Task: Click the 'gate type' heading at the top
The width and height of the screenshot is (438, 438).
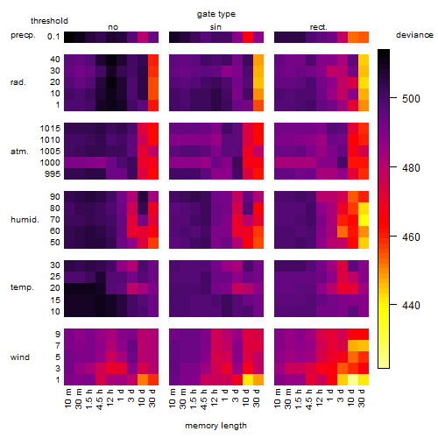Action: click(216, 14)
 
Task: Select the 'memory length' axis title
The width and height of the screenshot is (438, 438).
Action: click(215, 426)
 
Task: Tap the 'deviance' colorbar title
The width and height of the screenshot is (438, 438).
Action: click(414, 35)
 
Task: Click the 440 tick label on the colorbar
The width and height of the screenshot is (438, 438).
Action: click(411, 306)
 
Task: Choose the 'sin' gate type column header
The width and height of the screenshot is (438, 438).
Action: click(215, 27)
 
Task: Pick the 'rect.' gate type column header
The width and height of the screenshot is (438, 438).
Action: click(319, 27)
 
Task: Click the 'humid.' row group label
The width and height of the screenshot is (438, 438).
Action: click(25, 219)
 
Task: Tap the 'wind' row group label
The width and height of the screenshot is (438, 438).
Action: click(20, 357)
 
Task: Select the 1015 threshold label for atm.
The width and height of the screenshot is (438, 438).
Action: click(50, 129)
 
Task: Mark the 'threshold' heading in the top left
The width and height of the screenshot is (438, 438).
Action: click(49, 21)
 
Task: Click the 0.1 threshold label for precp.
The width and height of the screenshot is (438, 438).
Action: click(53, 37)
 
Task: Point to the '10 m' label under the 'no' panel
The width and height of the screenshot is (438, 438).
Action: click(68, 398)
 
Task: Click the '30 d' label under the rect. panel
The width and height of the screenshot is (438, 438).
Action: click(362, 398)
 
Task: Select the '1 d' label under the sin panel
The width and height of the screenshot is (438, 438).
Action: click(225, 395)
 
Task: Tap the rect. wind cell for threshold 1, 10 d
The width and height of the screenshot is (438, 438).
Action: click(353, 379)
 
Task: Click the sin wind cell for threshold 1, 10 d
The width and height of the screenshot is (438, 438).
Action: click(248, 379)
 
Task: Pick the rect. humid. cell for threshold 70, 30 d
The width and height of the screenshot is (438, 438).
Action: click(364, 220)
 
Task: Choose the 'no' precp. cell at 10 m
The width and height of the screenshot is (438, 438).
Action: click(69, 37)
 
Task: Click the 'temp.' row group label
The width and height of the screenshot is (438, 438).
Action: click(22, 287)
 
